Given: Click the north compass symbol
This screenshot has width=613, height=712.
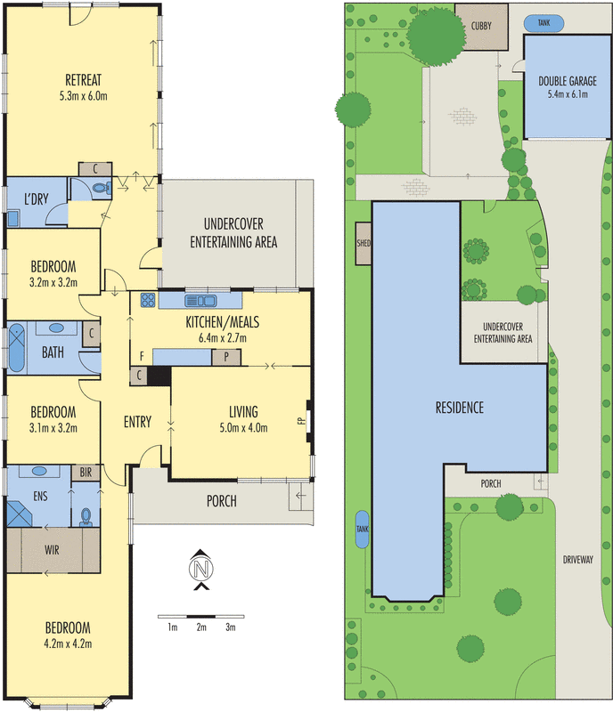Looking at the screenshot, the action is point(201,570).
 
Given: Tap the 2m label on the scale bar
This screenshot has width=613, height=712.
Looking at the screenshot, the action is point(201,627).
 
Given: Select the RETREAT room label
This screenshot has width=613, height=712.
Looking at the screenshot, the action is point(83,80).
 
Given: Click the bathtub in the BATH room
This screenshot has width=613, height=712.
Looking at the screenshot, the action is point(17,348).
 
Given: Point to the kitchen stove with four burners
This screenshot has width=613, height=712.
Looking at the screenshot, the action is point(147,300).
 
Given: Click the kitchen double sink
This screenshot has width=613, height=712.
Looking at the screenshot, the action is point(200,301).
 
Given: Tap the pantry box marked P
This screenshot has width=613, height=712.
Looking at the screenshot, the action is point(226,358).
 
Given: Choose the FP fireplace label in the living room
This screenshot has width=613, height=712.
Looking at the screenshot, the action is point(301,421).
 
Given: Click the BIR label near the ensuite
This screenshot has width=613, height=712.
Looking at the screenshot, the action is point(86,473).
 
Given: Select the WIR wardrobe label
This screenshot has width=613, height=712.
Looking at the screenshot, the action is point(52,550).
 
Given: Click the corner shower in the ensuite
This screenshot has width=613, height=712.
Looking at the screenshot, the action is point(19,514).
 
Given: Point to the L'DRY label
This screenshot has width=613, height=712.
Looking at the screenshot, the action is point(37,198).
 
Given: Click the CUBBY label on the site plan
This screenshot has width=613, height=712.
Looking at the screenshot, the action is point(481,26).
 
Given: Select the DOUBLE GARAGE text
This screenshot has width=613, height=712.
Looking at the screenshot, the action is point(568,81).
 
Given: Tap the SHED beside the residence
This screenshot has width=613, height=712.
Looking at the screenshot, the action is point(364,243).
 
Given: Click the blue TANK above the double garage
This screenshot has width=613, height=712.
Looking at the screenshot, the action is point(544,23).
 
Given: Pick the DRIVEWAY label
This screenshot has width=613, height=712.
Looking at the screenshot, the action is point(578,560).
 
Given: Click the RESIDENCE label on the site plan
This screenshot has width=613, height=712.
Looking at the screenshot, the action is point(460,408).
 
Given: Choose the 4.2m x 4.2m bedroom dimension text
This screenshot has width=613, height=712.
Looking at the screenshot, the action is point(68,643).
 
